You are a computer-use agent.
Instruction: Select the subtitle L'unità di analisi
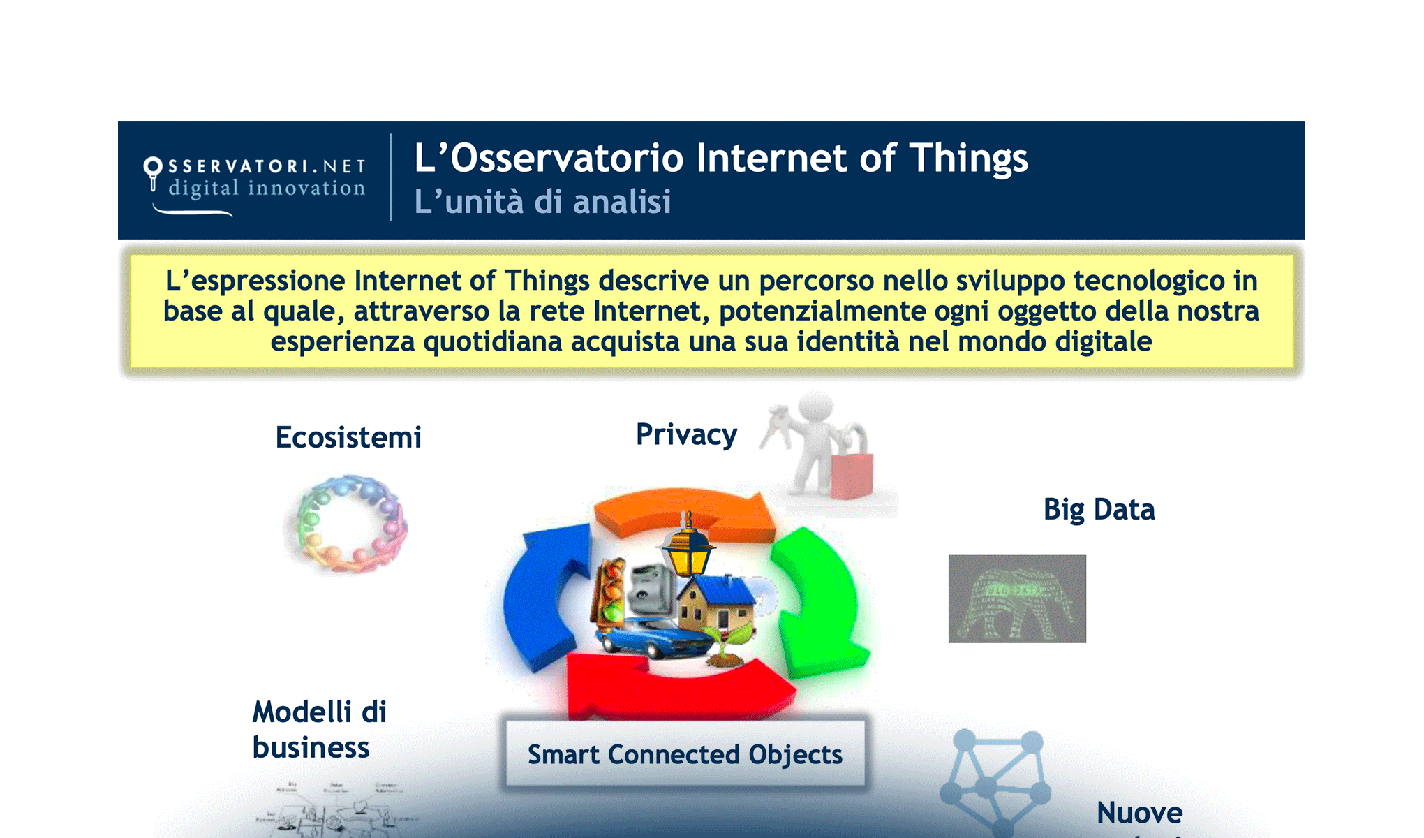click(x=542, y=202)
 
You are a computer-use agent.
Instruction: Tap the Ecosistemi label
click(x=348, y=438)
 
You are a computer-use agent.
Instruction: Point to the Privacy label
click(x=686, y=435)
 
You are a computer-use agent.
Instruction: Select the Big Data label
click(x=1099, y=510)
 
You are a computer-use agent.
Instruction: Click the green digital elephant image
click(x=1017, y=598)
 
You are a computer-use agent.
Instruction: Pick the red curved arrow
click(x=677, y=691)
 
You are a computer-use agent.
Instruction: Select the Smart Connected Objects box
click(x=685, y=755)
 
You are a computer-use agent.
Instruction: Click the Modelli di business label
click(x=318, y=730)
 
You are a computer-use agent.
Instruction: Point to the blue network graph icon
click(x=995, y=782)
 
